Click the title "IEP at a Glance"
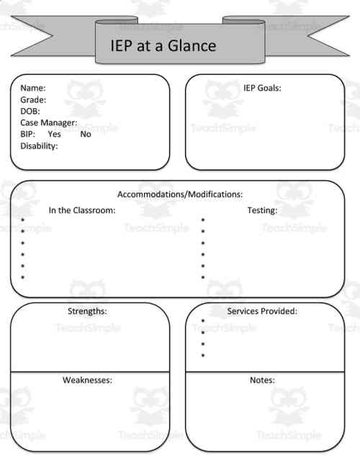point(163,46)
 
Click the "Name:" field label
point(33,89)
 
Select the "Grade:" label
point(33,100)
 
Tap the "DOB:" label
point(30,112)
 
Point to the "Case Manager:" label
point(48,123)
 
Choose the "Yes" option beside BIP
point(54,134)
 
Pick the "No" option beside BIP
point(86,134)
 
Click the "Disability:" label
point(39,146)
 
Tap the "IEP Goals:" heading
point(262,89)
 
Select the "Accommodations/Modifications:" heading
point(180,195)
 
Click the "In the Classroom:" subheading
point(82,210)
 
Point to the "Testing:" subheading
point(262,210)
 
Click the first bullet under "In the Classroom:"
point(23,221)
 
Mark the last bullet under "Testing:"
point(203,277)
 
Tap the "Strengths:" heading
point(87,311)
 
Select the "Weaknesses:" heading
point(87,380)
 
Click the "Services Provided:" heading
point(262,311)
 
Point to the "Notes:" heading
point(262,380)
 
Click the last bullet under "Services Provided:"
point(203,356)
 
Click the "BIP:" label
point(28,134)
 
